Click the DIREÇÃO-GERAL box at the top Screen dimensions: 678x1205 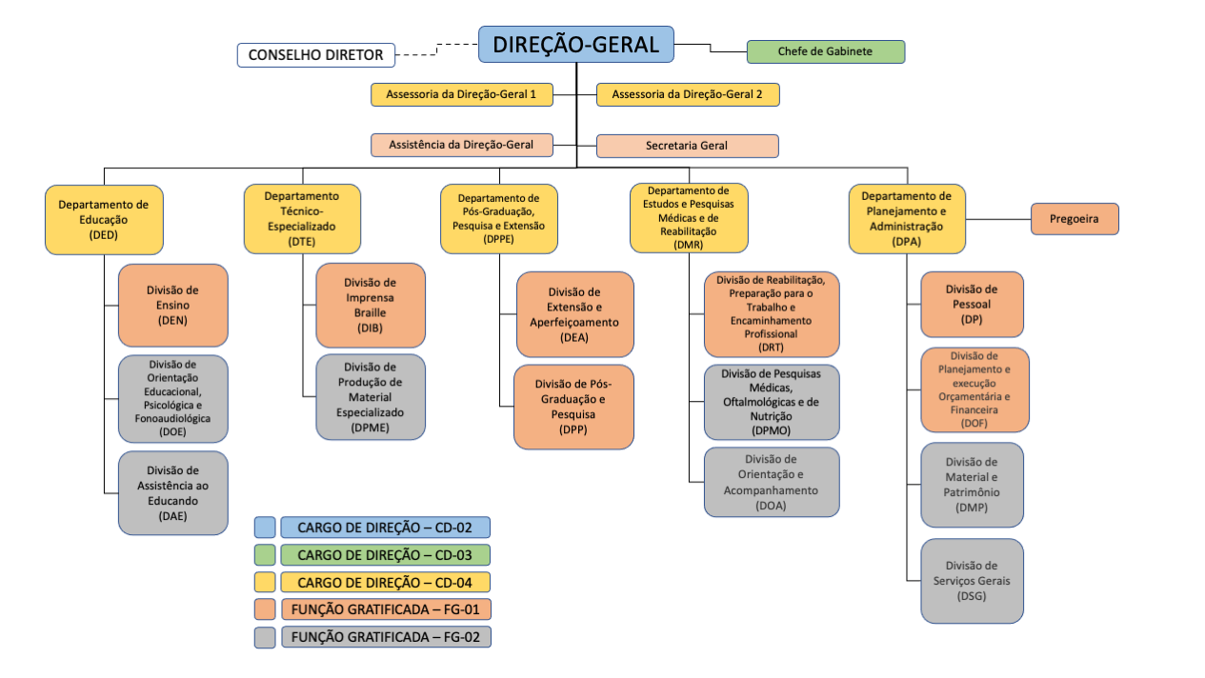[x=575, y=45]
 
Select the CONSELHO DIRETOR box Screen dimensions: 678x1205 [x=315, y=55]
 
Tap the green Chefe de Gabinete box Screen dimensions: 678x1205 [x=825, y=51]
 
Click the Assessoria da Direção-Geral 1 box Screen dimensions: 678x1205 [x=462, y=94]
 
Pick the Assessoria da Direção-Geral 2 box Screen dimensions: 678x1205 [x=687, y=94]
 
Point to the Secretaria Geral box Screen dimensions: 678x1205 [x=687, y=146]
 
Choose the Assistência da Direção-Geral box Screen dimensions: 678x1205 [x=462, y=145]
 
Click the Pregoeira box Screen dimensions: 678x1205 [x=1074, y=218]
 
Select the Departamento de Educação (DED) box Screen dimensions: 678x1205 [x=103, y=219]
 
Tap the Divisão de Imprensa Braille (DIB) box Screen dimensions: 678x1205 [x=371, y=305]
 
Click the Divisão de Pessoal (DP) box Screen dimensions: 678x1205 [x=972, y=304]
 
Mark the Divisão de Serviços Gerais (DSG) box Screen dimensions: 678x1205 [x=972, y=581]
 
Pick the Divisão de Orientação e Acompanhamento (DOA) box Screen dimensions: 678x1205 [x=772, y=482]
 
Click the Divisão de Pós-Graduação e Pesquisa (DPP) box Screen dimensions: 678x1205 [x=573, y=407]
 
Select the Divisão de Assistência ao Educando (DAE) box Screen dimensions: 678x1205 [x=173, y=492]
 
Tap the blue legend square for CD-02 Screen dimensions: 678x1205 [x=265, y=528]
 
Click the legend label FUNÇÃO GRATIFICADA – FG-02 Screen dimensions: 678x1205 [x=386, y=637]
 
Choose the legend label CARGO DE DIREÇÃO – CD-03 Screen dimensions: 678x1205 [x=386, y=554]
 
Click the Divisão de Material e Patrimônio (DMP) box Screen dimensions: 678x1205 [x=972, y=485]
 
